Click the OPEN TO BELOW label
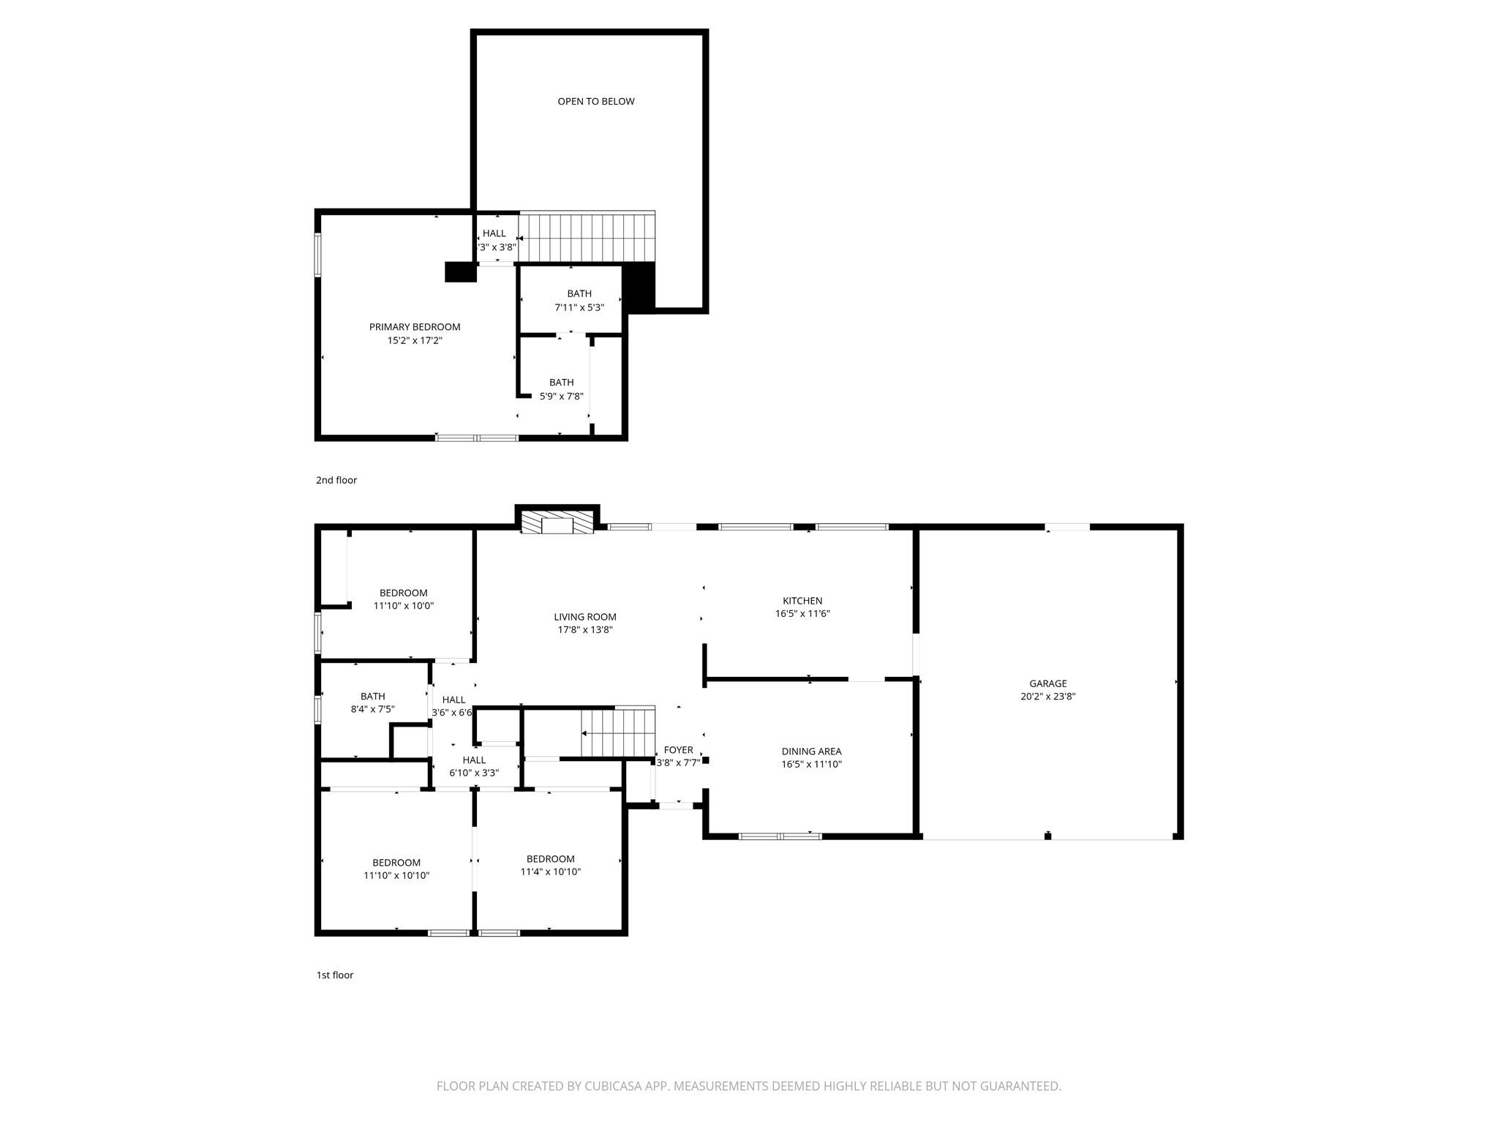pos(595,102)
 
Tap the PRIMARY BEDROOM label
pos(414,327)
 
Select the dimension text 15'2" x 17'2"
pos(414,341)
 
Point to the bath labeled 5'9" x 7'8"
pos(561,389)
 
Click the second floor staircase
pos(586,236)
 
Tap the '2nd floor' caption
pos(336,481)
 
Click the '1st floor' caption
pos(334,975)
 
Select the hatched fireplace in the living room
pos(557,522)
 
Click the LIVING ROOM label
pos(584,617)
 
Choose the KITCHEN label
pos(802,601)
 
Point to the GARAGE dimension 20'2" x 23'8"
pos(1047,697)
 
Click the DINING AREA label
pos(811,752)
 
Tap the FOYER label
pos(678,750)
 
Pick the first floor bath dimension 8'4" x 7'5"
pos(372,710)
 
